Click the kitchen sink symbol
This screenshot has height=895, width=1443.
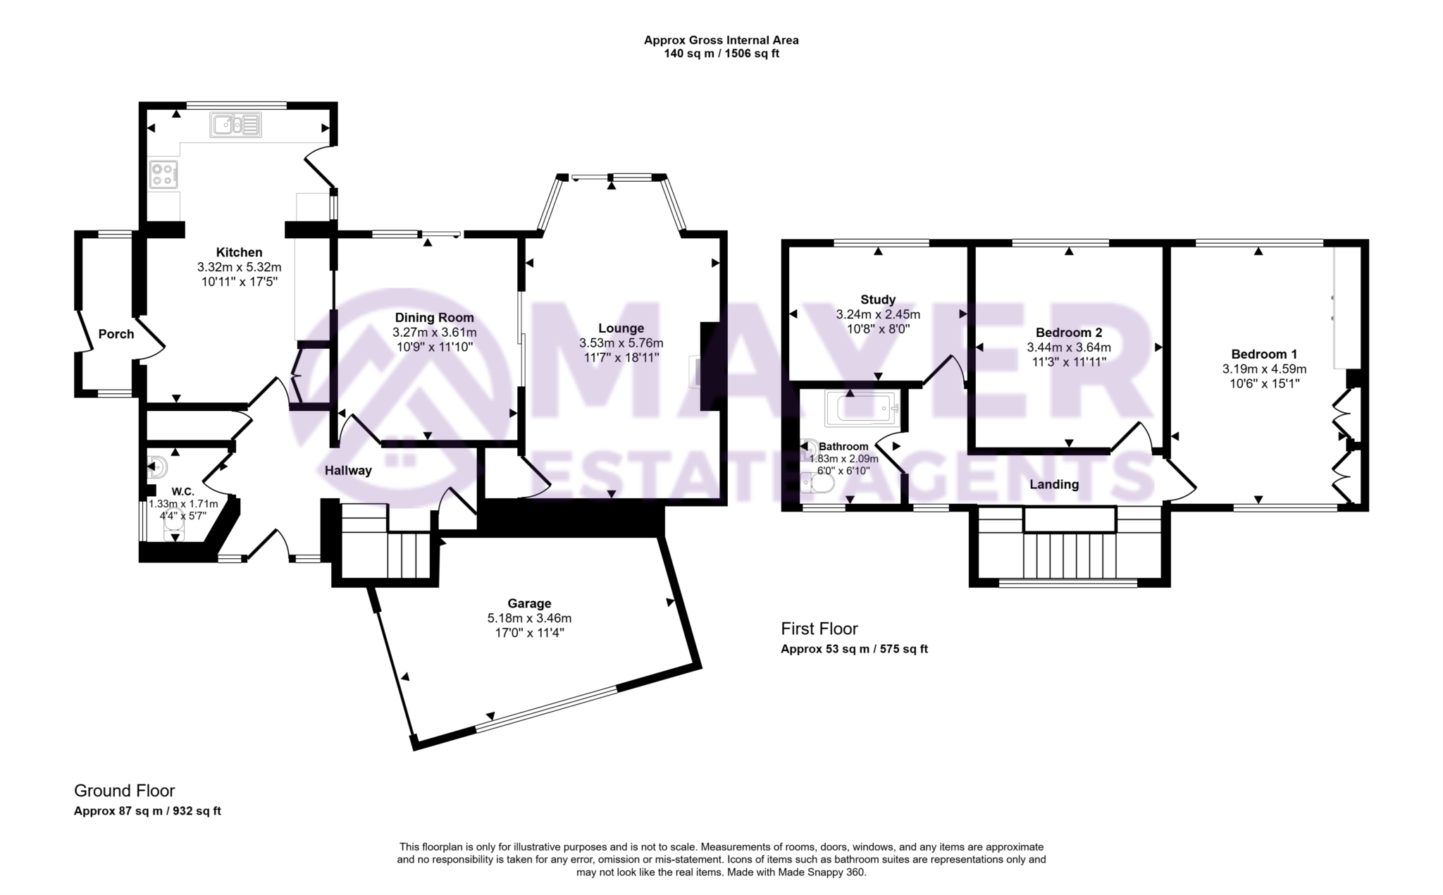point(235,125)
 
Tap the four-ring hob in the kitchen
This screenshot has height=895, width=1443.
point(163,174)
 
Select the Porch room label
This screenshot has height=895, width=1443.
point(116,334)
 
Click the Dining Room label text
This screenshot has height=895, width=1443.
point(434,318)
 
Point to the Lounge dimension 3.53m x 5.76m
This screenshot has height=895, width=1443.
point(621,343)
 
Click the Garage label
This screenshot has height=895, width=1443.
point(529,603)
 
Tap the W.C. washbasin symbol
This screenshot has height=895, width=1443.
point(157,467)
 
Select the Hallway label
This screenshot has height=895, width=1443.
point(348,470)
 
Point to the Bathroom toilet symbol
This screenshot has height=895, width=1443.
point(820,483)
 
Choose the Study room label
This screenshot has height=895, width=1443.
point(878,300)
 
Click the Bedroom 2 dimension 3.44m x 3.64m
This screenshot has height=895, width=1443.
point(1069,347)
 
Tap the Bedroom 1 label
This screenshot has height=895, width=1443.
point(1264,354)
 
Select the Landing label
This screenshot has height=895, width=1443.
point(1054,484)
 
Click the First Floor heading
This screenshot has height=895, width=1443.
point(819,629)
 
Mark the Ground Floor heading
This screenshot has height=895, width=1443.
point(124,791)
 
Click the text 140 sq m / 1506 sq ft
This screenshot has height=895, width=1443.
point(721,54)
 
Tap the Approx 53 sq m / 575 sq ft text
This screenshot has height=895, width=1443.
point(854,649)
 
